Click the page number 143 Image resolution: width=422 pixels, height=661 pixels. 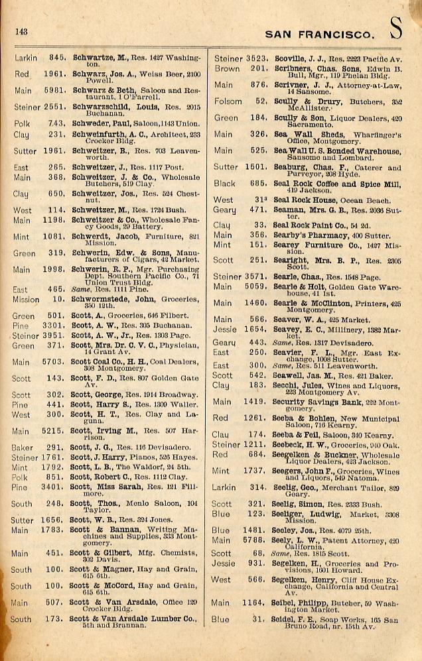20,30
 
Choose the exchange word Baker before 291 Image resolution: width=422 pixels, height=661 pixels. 22,448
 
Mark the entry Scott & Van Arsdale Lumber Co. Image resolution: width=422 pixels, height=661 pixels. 133,619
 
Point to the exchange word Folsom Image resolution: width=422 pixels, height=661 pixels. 228,101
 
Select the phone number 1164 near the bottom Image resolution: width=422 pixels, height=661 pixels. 253,603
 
